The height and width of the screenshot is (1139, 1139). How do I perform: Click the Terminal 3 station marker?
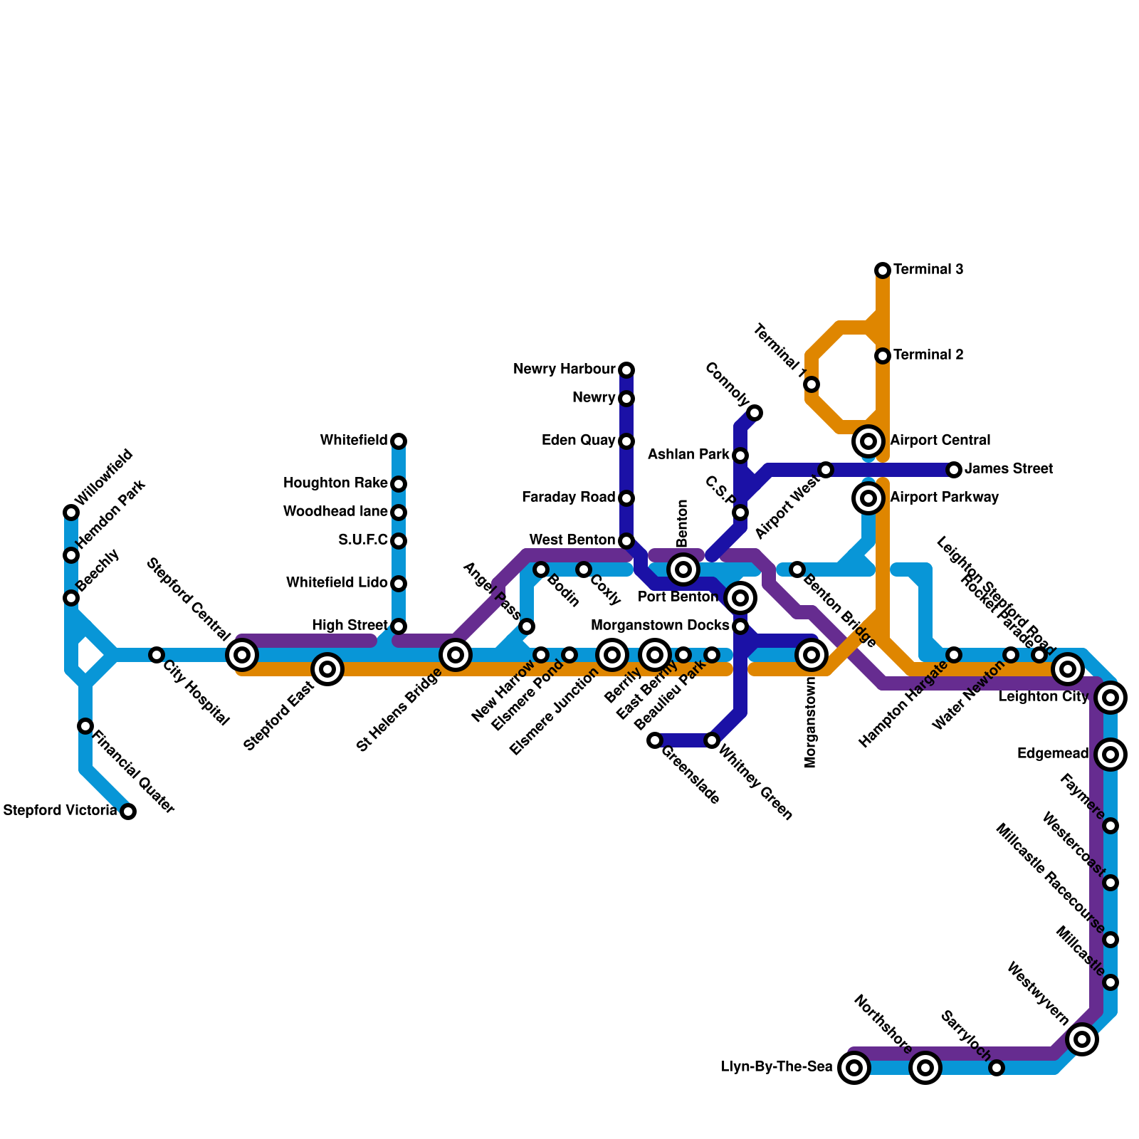pyautogui.click(x=883, y=270)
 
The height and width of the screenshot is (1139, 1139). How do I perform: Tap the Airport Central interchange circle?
pyautogui.click(x=868, y=441)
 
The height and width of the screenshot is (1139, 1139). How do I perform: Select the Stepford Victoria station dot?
pyautogui.click(x=128, y=811)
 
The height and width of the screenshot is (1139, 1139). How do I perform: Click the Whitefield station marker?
pyautogui.click(x=399, y=441)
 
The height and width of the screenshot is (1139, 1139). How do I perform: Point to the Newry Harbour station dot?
pyautogui.click(x=626, y=369)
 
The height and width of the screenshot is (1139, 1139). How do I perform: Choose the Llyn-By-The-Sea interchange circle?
pyautogui.click(x=854, y=1068)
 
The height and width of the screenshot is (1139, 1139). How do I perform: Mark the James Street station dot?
pyautogui.click(x=954, y=470)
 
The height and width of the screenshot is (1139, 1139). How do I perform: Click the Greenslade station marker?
pyautogui.click(x=655, y=740)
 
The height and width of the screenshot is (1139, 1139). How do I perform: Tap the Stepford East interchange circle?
pyautogui.click(x=327, y=669)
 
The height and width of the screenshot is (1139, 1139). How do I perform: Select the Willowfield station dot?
pyautogui.click(x=71, y=513)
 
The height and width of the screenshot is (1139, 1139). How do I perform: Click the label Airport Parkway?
pyautogui.click(x=944, y=498)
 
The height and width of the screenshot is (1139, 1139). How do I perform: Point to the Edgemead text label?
pyautogui.click(x=1053, y=754)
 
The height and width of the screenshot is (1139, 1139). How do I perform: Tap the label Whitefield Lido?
pyautogui.click(x=337, y=583)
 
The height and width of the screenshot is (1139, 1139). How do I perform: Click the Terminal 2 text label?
pyautogui.click(x=928, y=355)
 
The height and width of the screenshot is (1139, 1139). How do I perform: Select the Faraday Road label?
pyautogui.click(x=568, y=498)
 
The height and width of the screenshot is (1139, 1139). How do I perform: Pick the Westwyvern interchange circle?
pyautogui.click(x=1082, y=1039)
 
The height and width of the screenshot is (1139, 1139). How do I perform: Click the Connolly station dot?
pyautogui.click(x=755, y=413)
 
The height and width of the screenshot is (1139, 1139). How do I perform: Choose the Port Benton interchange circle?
pyautogui.click(x=740, y=598)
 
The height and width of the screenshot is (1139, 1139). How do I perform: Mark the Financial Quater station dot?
pyautogui.click(x=85, y=726)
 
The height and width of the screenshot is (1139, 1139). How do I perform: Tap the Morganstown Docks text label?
pyautogui.click(x=660, y=626)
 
